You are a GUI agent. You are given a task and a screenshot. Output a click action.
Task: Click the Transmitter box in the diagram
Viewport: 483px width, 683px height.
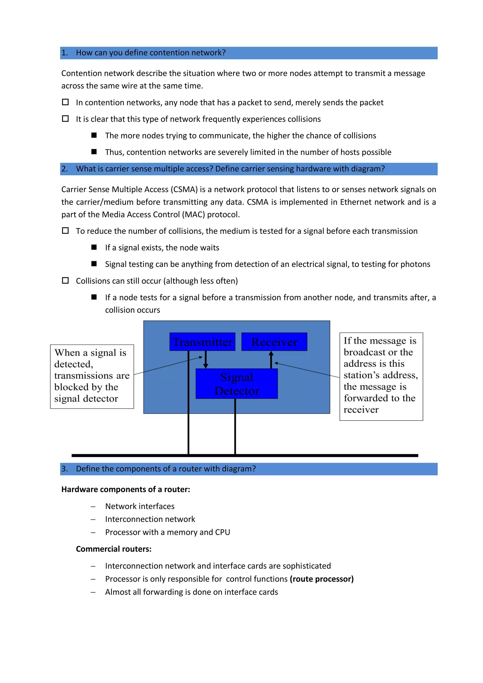click(x=202, y=342)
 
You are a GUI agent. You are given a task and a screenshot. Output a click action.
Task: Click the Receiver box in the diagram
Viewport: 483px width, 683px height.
click(x=274, y=342)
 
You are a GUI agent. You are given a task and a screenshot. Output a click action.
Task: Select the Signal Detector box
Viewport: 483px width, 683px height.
click(x=237, y=384)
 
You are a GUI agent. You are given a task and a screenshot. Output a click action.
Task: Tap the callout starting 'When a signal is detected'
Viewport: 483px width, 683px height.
click(x=92, y=376)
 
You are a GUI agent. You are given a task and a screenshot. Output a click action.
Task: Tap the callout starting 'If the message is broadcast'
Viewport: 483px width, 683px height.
click(x=381, y=376)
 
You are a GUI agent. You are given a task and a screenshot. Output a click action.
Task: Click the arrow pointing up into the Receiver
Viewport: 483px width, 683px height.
click(x=271, y=360)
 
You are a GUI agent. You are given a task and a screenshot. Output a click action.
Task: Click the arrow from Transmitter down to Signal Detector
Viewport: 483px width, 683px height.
click(x=205, y=360)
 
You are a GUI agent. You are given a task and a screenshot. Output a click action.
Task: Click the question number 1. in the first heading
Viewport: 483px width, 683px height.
click(x=65, y=53)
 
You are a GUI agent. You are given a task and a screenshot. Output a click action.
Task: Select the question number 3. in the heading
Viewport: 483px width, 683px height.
click(x=65, y=469)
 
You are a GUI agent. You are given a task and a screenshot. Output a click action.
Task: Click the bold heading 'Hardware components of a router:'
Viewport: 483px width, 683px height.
click(x=125, y=490)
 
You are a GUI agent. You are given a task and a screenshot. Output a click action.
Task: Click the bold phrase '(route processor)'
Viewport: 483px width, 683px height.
click(x=322, y=579)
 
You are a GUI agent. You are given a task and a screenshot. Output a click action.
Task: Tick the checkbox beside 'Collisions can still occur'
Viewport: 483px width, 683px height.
click(x=65, y=281)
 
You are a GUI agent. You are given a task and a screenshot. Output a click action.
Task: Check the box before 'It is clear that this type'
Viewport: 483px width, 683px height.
click(x=65, y=119)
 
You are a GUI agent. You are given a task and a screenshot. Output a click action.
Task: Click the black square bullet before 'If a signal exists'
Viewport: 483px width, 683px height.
click(x=94, y=247)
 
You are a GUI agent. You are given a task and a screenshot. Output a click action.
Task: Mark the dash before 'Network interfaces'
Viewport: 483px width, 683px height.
click(x=93, y=506)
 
